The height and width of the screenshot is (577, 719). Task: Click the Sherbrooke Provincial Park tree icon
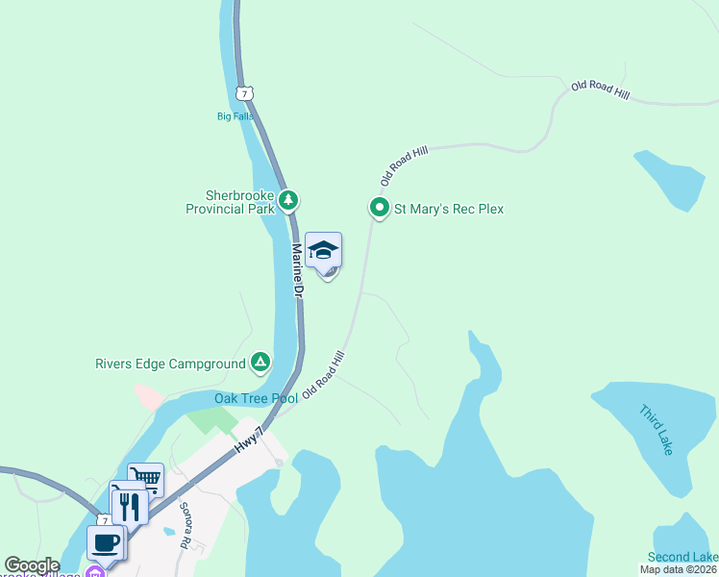(x=288, y=200)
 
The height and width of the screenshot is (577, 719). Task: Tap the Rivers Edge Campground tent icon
(x=260, y=363)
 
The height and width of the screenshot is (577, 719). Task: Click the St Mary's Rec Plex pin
(x=380, y=207)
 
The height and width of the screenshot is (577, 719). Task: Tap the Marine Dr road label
(x=298, y=268)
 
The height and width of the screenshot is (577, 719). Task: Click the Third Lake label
(x=657, y=429)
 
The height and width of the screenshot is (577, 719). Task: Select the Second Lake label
(x=682, y=557)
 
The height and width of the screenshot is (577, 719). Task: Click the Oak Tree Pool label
(x=256, y=398)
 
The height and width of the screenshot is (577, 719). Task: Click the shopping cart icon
(x=145, y=478)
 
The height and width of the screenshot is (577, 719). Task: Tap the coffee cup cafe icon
(x=106, y=541)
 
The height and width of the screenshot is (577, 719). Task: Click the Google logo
(x=32, y=566)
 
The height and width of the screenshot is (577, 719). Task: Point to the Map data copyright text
(x=678, y=569)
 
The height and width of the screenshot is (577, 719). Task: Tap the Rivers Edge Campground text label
(x=170, y=364)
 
